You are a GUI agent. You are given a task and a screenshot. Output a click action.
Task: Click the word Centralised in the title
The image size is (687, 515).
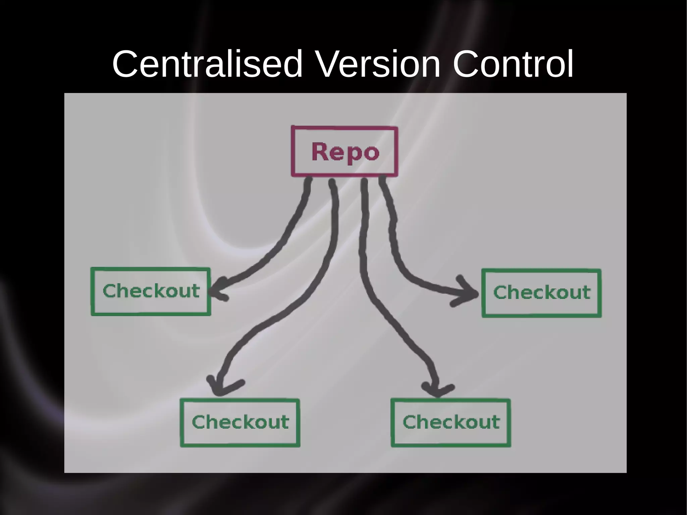pyautogui.click(x=207, y=64)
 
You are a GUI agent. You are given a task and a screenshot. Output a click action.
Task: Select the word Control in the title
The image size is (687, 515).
pyautogui.click(x=513, y=64)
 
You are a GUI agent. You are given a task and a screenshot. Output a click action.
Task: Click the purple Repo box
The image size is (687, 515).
pyautogui.click(x=345, y=151)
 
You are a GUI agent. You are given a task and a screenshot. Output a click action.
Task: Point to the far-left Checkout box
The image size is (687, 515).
pyautogui.click(x=151, y=292)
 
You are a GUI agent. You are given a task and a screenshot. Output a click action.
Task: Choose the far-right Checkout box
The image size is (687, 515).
pyautogui.click(x=541, y=293)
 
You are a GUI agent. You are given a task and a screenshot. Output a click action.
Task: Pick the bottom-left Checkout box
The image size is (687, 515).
pyautogui.click(x=240, y=423)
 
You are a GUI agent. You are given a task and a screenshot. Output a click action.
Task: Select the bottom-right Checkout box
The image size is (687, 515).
pyautogui.click(x=451, y=423)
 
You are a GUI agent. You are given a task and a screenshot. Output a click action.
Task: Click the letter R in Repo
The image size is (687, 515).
pyautogui.click(x=319, y=152)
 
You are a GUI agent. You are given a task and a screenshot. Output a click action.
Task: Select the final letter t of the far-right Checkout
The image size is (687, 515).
pyautogui.click(x=586, y=293)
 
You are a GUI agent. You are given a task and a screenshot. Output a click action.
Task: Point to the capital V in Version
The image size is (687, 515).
pyautogui.click(x=329, y=64)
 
